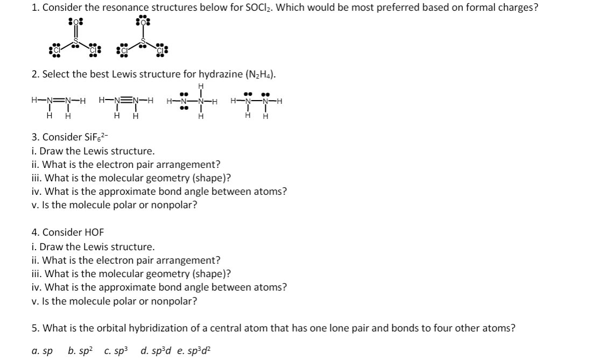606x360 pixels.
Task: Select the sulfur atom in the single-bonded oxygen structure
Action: pyautogui.click(x=143, y=41)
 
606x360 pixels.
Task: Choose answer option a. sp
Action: pyautogui.click(x=43, y=351)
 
